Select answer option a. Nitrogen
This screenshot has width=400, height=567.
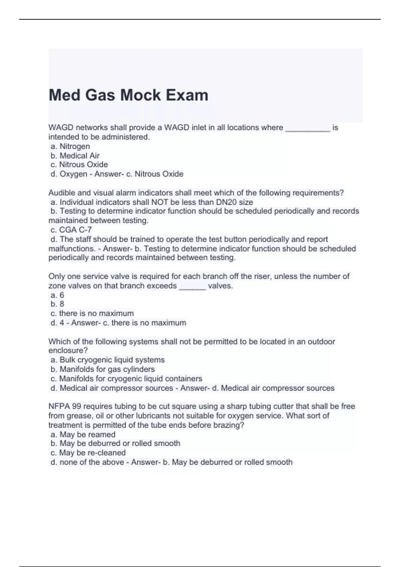click(x=70, y=146)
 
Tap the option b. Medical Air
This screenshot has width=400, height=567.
click(x=75, y=156)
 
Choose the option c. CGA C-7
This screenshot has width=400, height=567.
click(x=71, y=230)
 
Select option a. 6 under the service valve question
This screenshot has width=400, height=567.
click(x=57, y=295)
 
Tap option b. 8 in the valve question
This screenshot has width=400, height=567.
click(x=57, y=304)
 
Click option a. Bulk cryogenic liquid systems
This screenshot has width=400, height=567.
click(x=107, y=360)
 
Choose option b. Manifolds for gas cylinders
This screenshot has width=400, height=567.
click(x=103, y=369)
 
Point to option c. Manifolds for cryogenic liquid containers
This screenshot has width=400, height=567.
click(x=126, y=379)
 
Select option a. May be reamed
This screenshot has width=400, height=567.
click(x=83, y=435)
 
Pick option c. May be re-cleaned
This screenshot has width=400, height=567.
click(x=88, y=453)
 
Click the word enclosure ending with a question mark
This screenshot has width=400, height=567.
click(x=68, y=351)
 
